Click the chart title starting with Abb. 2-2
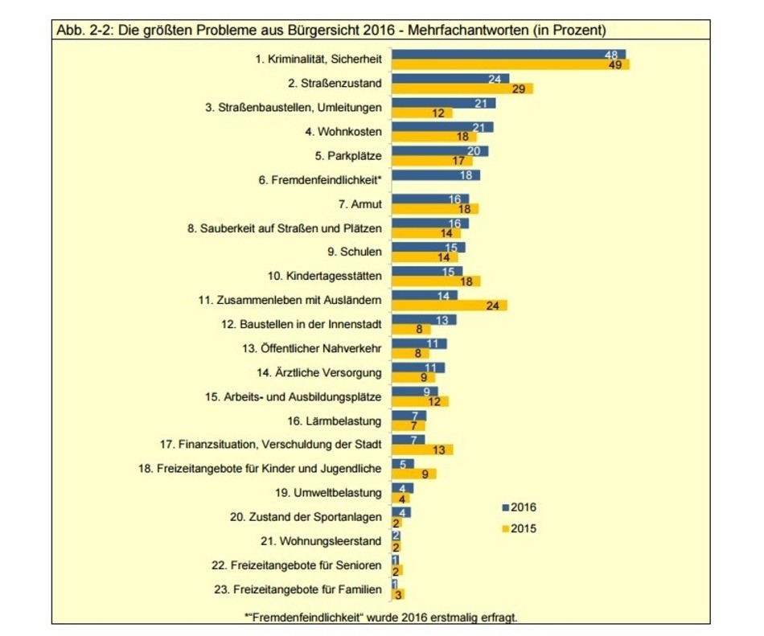click(x=330, y=31)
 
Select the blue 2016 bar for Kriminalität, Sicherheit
click(x=508, y=54)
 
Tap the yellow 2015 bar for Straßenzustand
click(x=462, y=88)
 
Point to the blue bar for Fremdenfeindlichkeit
click(x=435, y=175)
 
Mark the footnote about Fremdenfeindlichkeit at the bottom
click(x=381, y=617)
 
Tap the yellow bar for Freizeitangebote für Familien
click(x=397, y=594)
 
